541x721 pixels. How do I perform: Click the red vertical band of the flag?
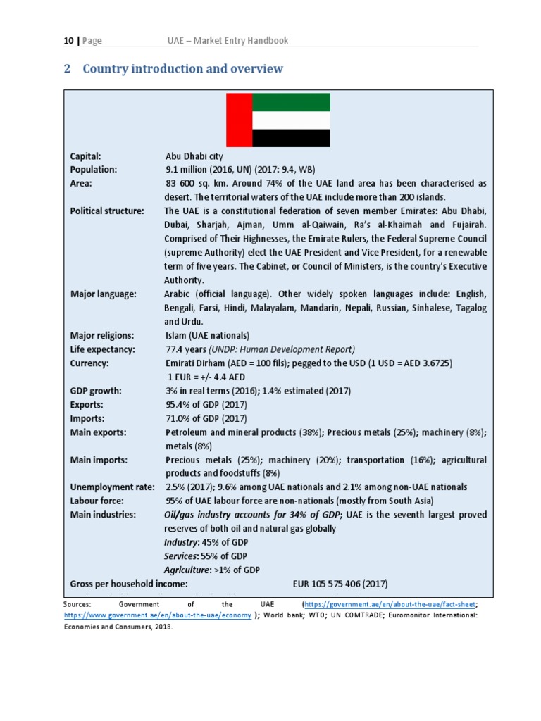point(238,120)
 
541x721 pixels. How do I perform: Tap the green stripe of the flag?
point(291,103)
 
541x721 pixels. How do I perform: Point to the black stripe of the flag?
point(291,138)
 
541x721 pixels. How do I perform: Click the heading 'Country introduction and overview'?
point(182,68)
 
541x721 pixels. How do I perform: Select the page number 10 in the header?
point(68,41)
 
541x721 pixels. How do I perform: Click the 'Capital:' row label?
point(86,156)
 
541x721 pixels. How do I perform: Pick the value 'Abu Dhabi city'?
point(194,156)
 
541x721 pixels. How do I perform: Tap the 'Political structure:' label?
point(107,211)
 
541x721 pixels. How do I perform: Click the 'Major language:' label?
point(104,294)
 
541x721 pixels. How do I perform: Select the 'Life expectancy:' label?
point(103,349)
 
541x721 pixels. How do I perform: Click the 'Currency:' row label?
point(89,363)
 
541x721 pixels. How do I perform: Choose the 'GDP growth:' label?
point(96,391)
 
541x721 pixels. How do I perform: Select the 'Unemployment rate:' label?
point(112,487)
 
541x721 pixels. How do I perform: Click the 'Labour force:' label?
point(97,501)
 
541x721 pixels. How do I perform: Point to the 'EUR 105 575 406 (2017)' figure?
point(340,584)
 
